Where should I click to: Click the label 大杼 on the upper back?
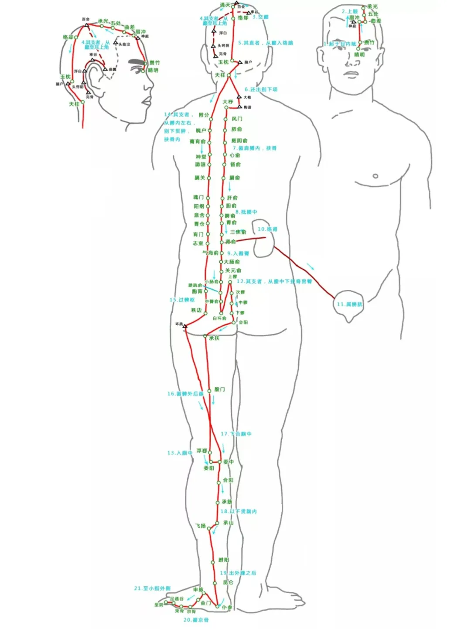(x=228, y=102)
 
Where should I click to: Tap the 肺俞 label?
(x=236, y=129)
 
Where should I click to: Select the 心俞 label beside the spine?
(x=235, y=155)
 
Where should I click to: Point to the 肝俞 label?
(x=232, y=198)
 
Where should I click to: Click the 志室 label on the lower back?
(x=198, y=243)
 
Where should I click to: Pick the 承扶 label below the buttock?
(x=214, y=338)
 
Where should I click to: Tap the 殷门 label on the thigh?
(x=219, y=389)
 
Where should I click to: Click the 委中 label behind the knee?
(x=229, y=461)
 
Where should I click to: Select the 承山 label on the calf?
(x=228, y=522)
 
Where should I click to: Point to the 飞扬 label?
(x=201, y=526)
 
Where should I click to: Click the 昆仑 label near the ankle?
(x=228, y=582)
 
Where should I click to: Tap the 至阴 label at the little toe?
(x=158, y=605)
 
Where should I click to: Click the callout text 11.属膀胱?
(x=349, y=304)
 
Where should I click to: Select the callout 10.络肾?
(x=267, y=229)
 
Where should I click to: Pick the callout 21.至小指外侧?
(x=152, y=588)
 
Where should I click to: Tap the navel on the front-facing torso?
(x=375, y=176)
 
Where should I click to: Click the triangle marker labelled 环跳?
(x=185, y=326)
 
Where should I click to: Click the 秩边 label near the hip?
(x=196, y=310)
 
